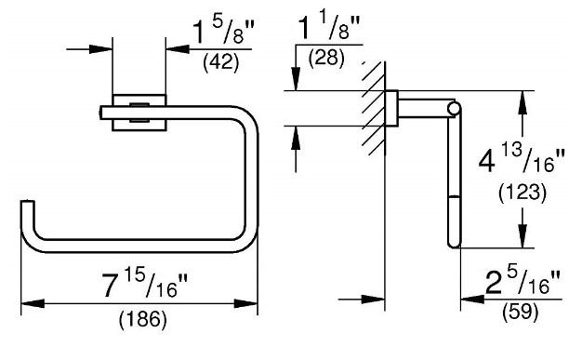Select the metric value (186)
coord(141,321)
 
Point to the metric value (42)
coord(222,64)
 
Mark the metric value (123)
coord(518,193)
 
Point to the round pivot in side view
coord(453,110)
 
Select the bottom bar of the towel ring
coord(139,248)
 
